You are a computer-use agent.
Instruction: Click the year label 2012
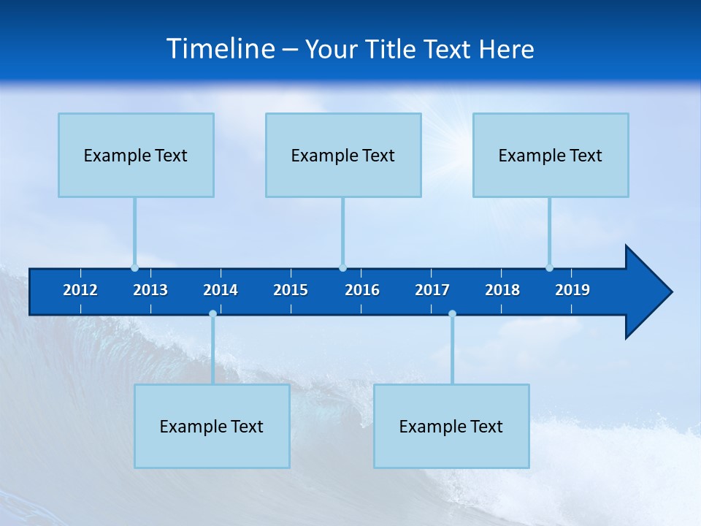(80, 290)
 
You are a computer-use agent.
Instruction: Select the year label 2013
(150, 290)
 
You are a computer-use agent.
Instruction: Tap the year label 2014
(221, 290)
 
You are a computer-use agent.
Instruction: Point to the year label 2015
(291, 290)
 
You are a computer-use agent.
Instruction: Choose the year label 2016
(362, 290)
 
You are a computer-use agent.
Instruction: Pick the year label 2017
(432, 290)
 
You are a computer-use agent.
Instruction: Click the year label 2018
(502, 290)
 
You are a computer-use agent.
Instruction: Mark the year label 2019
(572, 290)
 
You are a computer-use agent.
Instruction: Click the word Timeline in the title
(221, 49)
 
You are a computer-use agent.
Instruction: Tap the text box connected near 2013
(136, 155)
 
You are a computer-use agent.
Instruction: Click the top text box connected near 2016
(343, 155)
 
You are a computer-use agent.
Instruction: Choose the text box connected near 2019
(551, 155)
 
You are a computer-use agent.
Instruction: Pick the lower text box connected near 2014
(212, 426)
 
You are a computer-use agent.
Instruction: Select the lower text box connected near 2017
(451, 426)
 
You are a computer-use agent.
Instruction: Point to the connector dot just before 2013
(134, 267)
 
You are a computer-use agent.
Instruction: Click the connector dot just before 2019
(549, 267)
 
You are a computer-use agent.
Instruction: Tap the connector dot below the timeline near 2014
(212, 314)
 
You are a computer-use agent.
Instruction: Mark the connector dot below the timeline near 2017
(452, 314)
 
